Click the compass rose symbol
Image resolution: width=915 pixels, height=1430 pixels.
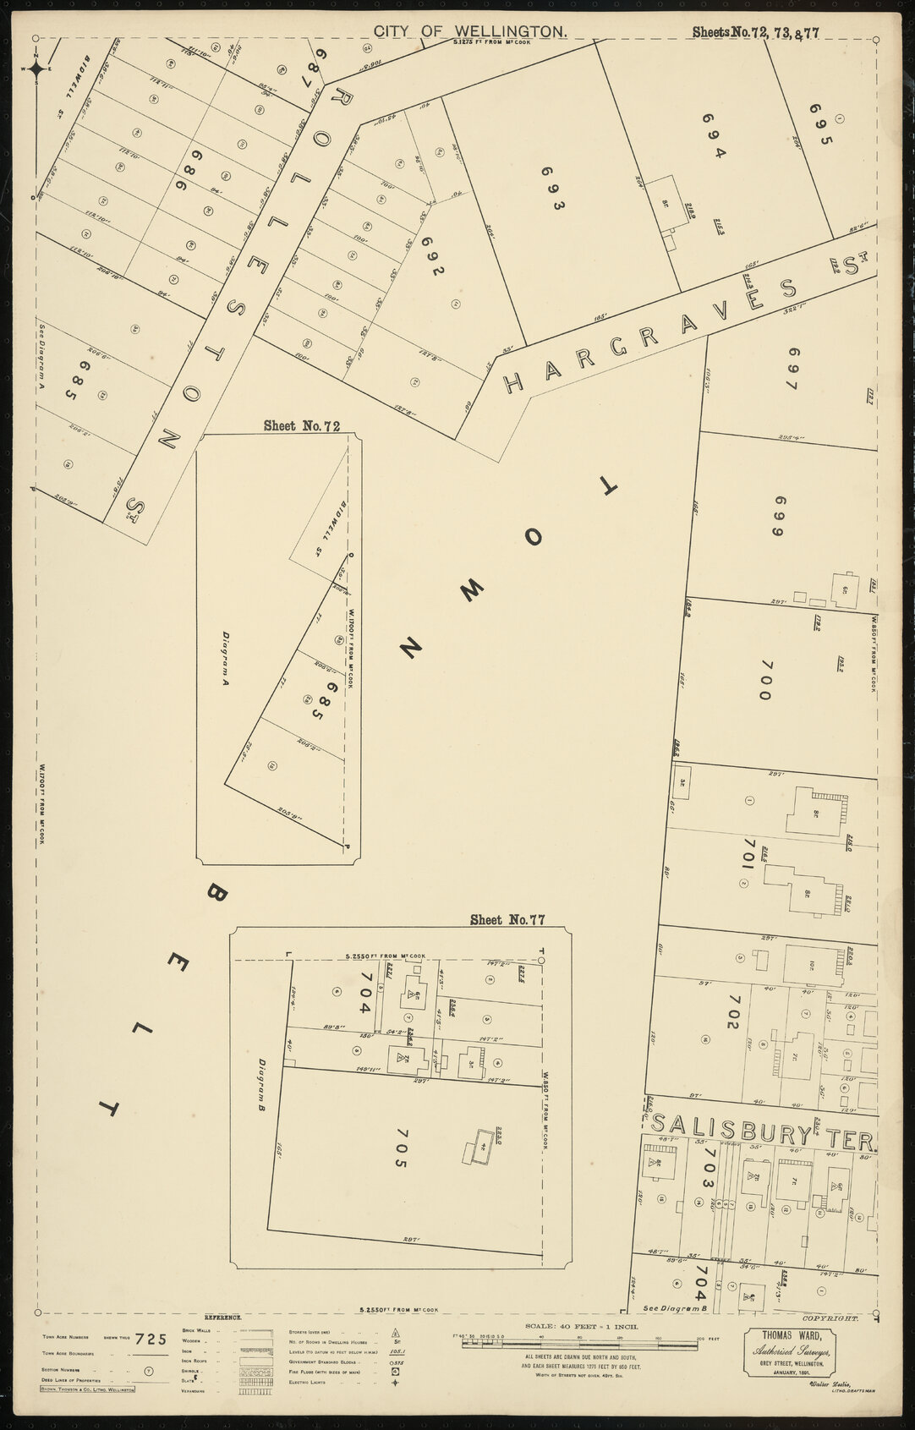pyautogui.click(x=36, y=70)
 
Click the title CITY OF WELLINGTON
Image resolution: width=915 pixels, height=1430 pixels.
pyautogui.click(x=470, y=31)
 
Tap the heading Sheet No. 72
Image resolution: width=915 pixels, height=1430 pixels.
pyautogui.click(x=301, y=425)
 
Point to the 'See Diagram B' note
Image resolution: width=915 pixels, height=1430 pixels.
pyautogui.click(x=674, y=1332)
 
